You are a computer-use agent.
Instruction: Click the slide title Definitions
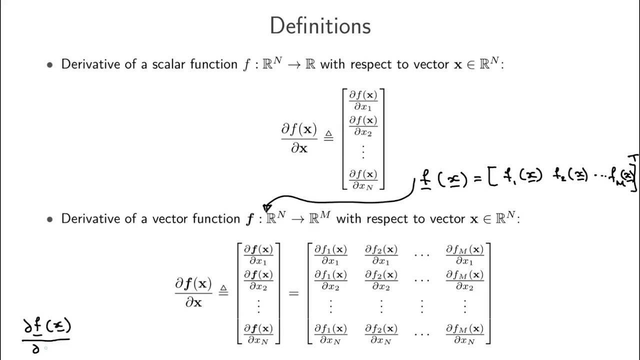(320, 25)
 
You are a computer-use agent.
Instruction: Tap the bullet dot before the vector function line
(49, 219)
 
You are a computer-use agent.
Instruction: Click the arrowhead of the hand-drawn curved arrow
(267, 207)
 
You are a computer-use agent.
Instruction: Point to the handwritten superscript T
(633, 158)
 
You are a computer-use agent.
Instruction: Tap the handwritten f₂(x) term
(570, 175)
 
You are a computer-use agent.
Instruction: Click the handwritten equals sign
(477, 179)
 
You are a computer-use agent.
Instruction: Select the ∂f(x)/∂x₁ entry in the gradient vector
(363, 100)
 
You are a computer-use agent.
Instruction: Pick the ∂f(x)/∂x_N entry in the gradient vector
(363, 179)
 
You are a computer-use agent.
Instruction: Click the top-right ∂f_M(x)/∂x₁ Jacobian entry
(464, 254)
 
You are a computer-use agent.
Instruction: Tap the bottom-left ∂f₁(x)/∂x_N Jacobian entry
(330, 334)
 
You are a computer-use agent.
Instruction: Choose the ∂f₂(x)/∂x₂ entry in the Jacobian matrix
(381, 280)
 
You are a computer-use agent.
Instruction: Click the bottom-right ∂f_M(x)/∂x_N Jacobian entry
(464, 334)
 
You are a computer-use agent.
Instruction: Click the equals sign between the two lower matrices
(293, 293)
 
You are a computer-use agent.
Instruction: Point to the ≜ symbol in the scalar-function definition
(328, 135)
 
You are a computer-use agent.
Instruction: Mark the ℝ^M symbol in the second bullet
(320, 217)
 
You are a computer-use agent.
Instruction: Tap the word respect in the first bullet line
(371, 64)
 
